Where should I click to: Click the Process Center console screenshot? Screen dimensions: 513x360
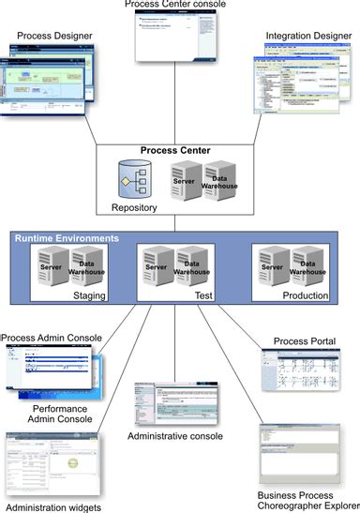point(178,39)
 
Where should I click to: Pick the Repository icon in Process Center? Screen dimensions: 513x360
point(132,178)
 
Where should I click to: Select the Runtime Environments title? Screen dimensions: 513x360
point(67,239)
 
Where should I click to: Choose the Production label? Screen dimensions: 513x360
point(306,295)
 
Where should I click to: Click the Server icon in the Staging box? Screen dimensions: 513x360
point(50,268)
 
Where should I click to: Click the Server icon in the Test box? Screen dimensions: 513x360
point(157,268)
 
